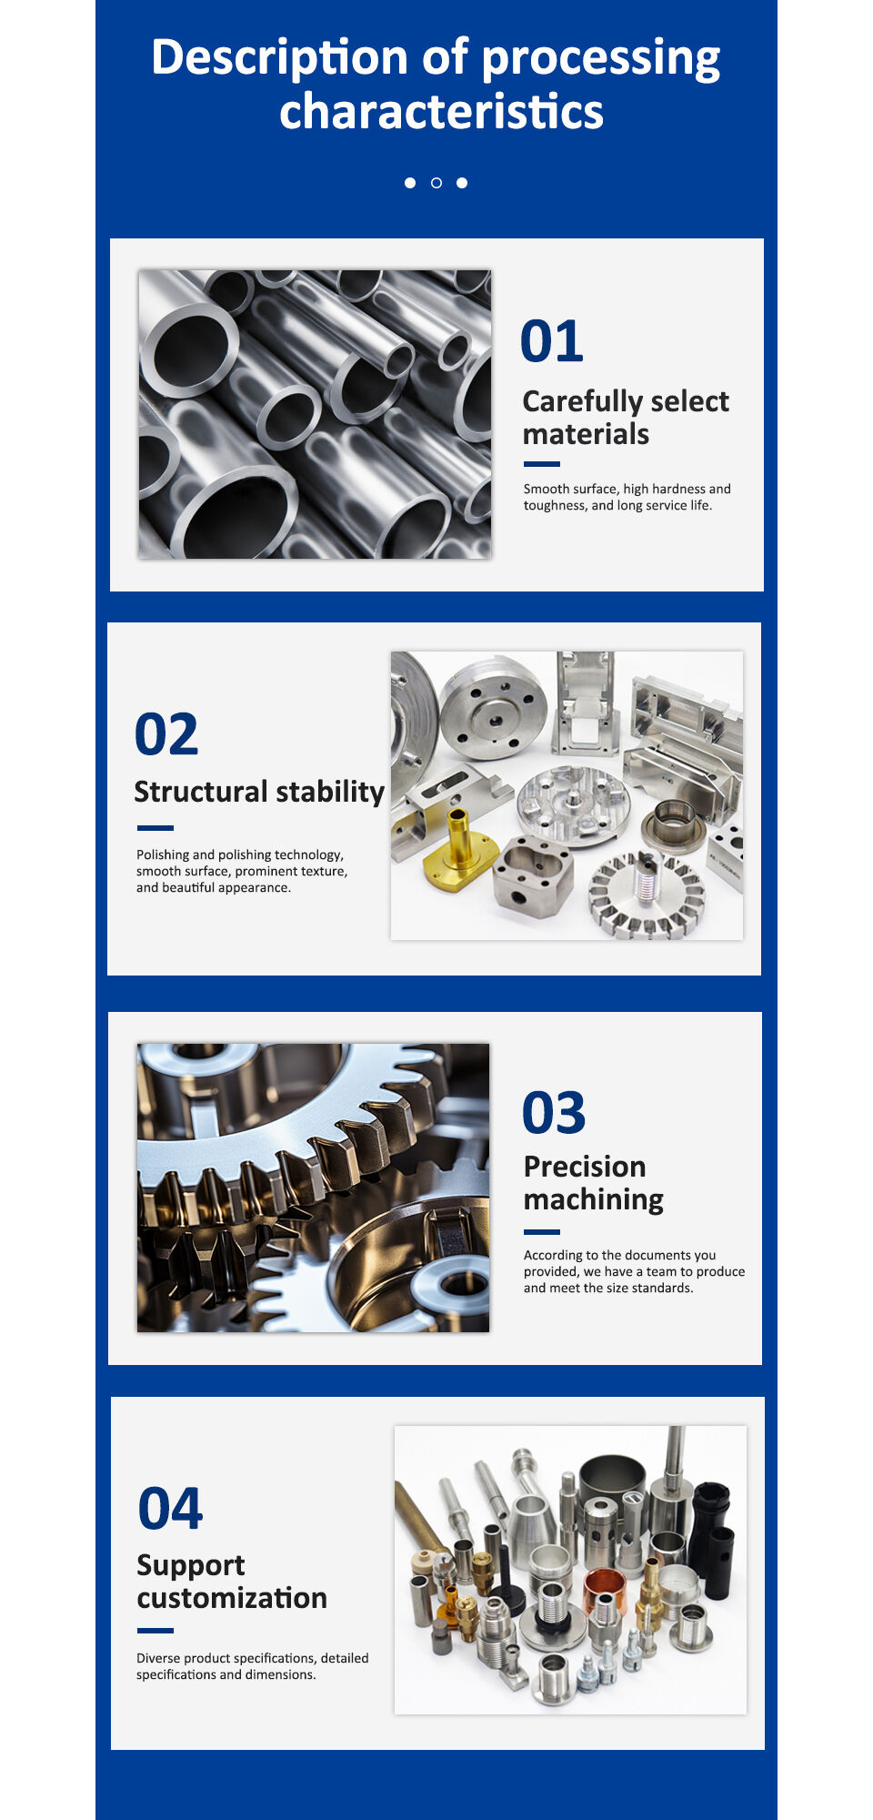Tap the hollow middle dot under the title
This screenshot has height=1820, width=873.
[436, 183]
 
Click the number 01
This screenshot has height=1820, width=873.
[551, 341]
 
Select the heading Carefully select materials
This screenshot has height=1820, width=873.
[625, 417]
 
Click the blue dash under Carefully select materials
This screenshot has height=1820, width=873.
[541, 464]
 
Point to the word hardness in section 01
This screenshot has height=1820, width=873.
[678, 489]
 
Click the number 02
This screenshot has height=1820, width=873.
[166, 734]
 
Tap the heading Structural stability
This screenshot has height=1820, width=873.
[259, 792]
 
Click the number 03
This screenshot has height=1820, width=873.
[554, 1113]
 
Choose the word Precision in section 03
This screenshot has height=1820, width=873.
[585, 1167]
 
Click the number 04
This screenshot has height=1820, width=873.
[170, 1509]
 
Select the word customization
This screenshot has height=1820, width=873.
[232, 1598]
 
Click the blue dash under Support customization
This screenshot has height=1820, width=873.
[155, 1631]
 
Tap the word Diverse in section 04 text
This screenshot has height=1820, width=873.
[158, 1658]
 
